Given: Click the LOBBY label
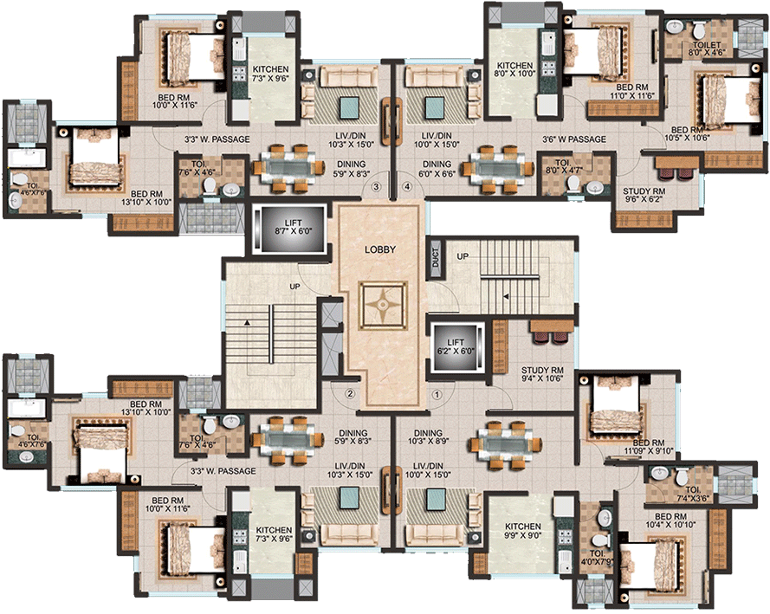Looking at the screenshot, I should tap(380, 249).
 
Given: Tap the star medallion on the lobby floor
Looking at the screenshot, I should tap(380, 306).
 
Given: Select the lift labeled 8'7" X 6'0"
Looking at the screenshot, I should tap(288, 229).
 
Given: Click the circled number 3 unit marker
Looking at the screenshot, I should tap(376, 186).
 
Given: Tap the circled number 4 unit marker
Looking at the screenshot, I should tap(407, 186).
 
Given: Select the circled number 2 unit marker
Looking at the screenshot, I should tap(350, 394).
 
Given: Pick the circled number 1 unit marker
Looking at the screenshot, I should tap(437, 394).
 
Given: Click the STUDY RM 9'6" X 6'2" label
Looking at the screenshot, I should tap(644, 195).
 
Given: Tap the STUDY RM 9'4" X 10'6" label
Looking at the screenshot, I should tap(542, 373).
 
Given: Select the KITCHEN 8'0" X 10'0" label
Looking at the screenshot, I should tap(514, 70).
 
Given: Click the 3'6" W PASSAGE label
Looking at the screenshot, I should tap(573, 139).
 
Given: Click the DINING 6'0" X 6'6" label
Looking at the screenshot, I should tap(437, 168).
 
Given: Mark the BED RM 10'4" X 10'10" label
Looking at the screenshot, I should tap(672, 520).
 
